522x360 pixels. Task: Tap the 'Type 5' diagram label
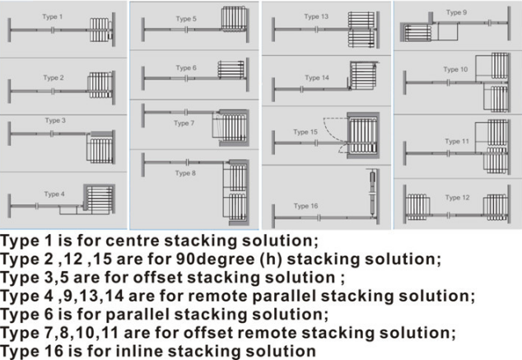click(185, 18)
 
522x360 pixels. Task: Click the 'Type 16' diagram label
click(306, 206)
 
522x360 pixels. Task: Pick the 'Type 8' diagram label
click(185, 173)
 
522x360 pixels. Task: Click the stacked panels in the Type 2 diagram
click(100, 84)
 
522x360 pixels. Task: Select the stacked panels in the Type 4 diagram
click(100, 199)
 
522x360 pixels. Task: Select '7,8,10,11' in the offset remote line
click(96, 332)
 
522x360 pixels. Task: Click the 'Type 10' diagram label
click(457, 70)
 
